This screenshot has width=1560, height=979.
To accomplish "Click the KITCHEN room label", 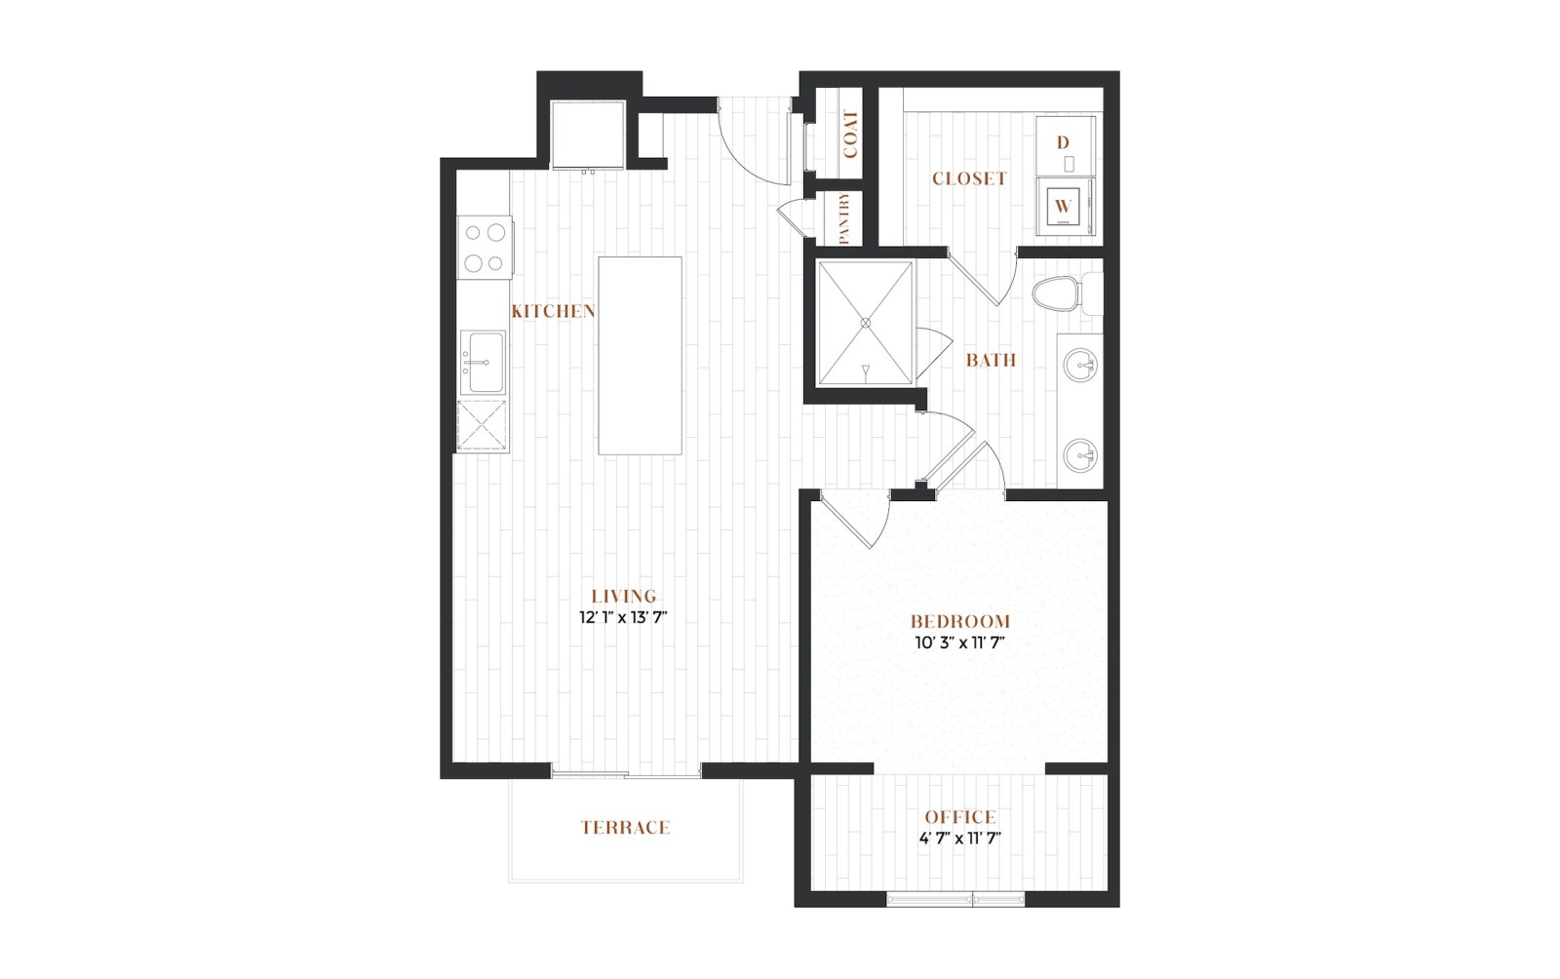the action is pos(554,311).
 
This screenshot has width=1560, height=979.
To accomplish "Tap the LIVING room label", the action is pos(624,596).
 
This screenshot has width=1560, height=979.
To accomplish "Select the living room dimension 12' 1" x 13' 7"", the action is pos(623,617).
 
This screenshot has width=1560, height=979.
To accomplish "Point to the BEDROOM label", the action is pos(959,621).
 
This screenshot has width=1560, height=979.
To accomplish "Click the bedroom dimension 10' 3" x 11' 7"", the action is pos(959,643).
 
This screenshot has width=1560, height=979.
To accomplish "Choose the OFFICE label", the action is pos(960,817).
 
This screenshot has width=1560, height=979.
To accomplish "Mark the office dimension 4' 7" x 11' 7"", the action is pos(960,839).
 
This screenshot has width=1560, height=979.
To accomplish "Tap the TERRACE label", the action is pos(625,827).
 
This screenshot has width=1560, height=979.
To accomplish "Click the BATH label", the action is pos(991,360).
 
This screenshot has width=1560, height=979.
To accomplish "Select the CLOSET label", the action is pos(969,179).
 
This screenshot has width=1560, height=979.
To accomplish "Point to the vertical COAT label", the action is pos(850,134).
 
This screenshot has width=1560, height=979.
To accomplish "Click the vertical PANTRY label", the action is pos(844,218).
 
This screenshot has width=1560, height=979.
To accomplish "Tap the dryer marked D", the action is pos(1065,145).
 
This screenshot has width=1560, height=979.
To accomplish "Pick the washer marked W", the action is pos(1065,207).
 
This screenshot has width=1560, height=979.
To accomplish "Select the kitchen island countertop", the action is pos(640,356).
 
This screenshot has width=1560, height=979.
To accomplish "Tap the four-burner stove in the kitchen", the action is pos(485,248).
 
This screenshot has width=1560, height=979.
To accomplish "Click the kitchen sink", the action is pos(484,362).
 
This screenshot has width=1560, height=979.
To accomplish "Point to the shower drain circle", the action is pos(866,323).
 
